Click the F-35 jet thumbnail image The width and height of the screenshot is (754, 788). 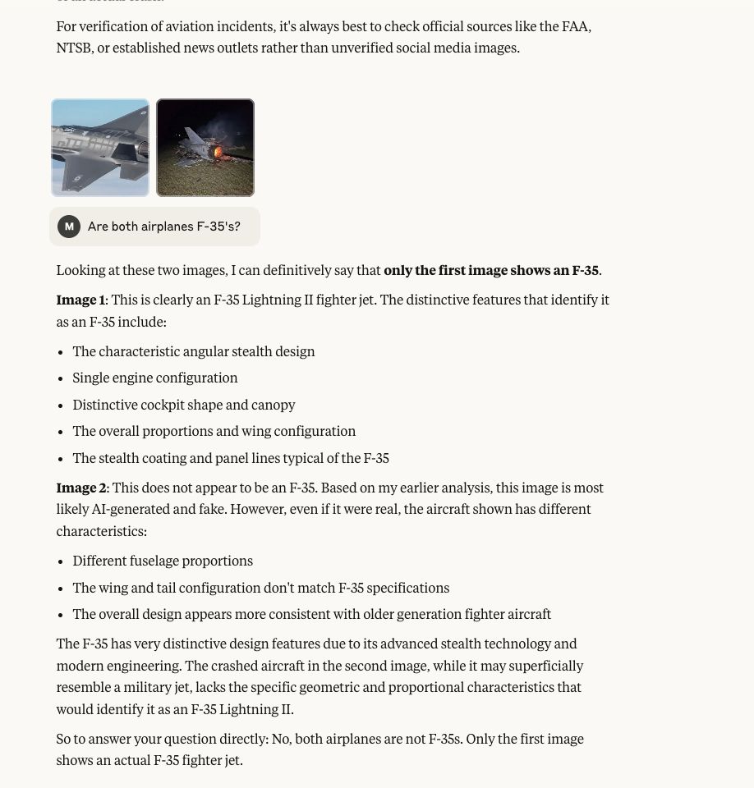point(100,148)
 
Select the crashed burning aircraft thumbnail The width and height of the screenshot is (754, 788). point(205,148)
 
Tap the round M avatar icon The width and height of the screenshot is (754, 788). point(69,227)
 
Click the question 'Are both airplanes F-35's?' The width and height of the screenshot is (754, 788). point(163,227)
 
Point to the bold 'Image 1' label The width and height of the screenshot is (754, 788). point(80,300)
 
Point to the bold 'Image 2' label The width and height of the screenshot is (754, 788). point(81,488)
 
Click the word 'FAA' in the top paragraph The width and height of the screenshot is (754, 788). point(575,27)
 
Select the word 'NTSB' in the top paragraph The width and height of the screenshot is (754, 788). point(74,48)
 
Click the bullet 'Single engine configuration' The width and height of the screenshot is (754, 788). point(155,378)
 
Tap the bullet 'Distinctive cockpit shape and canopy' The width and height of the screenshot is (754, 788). point(184,405)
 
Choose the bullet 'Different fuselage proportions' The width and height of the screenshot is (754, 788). point(163,561)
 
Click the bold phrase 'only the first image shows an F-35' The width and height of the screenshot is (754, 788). point(491,271)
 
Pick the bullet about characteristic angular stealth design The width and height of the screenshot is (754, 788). point(194,352)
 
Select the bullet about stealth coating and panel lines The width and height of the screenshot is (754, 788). point(231,459)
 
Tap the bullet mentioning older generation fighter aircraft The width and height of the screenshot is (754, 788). point(312,615)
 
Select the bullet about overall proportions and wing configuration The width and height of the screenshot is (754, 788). point(214,432)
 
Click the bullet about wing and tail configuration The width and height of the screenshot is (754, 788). point(261,589)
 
